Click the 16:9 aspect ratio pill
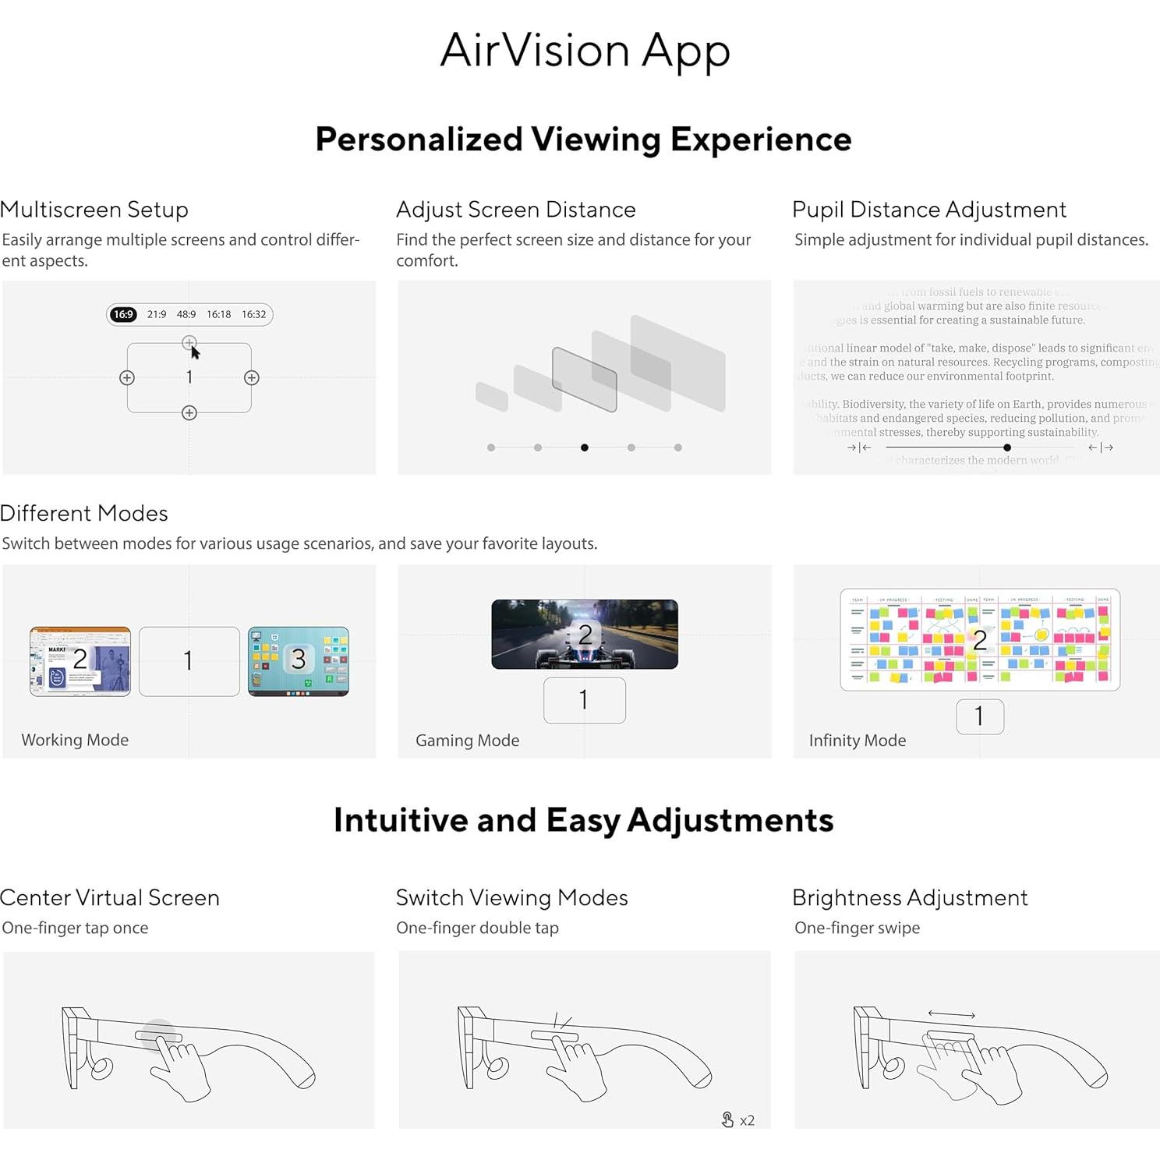coord(123,314)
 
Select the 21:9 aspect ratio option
coord(157,314)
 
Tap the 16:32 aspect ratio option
coord(253,314)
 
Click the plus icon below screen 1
coord(189,413)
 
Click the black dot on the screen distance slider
coord(585,447)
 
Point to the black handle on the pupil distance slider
coord(1007,447)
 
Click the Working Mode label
coord(75,740)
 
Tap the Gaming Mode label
coord(467,741)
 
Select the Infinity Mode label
coord(857,741)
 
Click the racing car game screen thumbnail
coord(585,634)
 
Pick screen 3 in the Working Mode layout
coord(298,660)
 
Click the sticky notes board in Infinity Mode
coord(979,639)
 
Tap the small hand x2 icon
coord(728,1119)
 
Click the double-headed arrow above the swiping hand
coord(951,1014)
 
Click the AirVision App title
coord(585,51)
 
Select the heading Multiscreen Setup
coord(94,210)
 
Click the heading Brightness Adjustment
coord(910,898)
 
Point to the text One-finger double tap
coord(477,928)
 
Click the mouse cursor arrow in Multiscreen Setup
coord(195,352)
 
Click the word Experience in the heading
coord(761,140)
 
